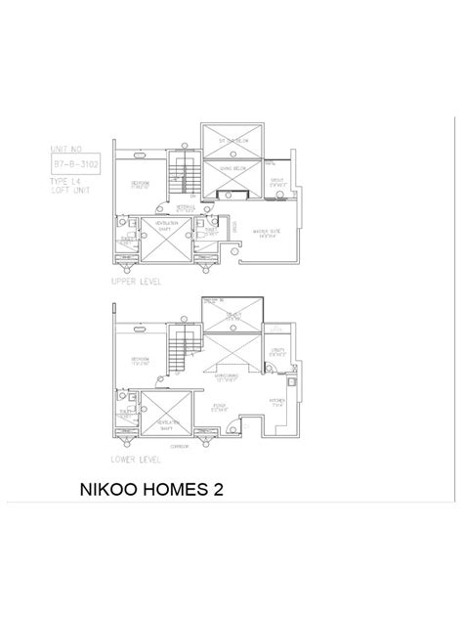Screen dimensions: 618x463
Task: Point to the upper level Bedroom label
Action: [x=144, y=185]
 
